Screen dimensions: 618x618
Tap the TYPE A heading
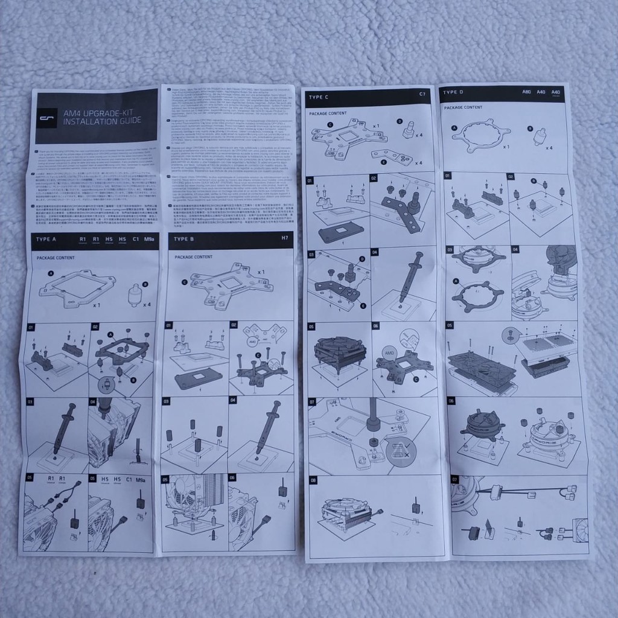click(x=46, y=240)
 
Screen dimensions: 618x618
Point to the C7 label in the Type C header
click(x=422, y=95)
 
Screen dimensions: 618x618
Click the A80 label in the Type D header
click(x=526, y=92)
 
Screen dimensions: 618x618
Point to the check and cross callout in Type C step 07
click(x=401, y=448)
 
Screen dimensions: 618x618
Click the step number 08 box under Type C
click(x=313, y=481)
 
